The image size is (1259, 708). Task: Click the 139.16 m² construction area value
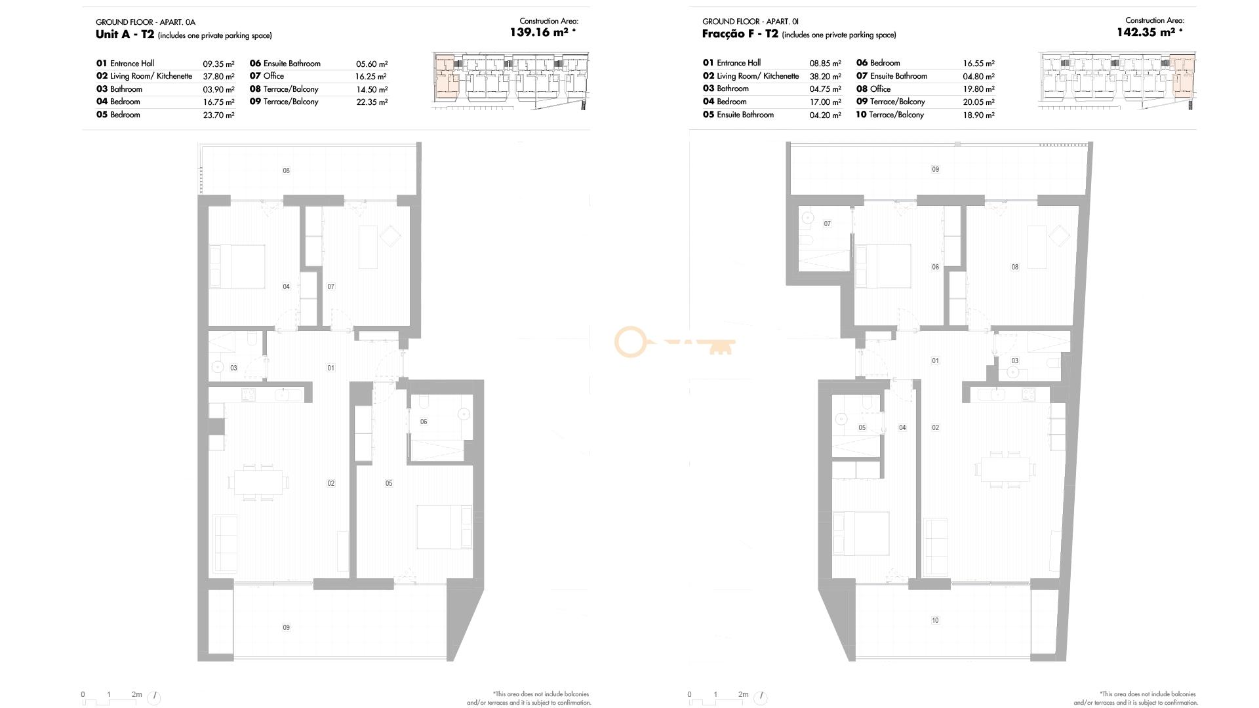(539, 32)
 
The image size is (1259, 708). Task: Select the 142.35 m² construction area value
(1146, 32)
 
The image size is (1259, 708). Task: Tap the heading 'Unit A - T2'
(125, 34)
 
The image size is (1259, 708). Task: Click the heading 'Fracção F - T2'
(740, 34)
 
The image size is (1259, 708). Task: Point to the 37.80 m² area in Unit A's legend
(218, 77)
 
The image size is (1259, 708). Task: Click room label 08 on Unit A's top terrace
(286, 170)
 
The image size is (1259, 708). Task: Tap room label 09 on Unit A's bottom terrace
(286, 627)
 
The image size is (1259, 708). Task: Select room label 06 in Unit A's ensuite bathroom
(424, 422)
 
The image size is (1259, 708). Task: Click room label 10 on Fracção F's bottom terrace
(935, 620)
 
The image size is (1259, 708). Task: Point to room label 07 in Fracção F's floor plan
(827, 224)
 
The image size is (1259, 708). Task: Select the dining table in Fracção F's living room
(1005, 469)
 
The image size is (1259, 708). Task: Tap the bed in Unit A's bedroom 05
(444, 527)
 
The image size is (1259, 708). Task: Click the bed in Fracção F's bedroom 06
(883, 266)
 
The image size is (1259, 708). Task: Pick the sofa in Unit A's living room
(225, 543)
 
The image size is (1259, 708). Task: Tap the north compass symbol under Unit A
(153, 698)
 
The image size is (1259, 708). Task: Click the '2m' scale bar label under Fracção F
(743, 694)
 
